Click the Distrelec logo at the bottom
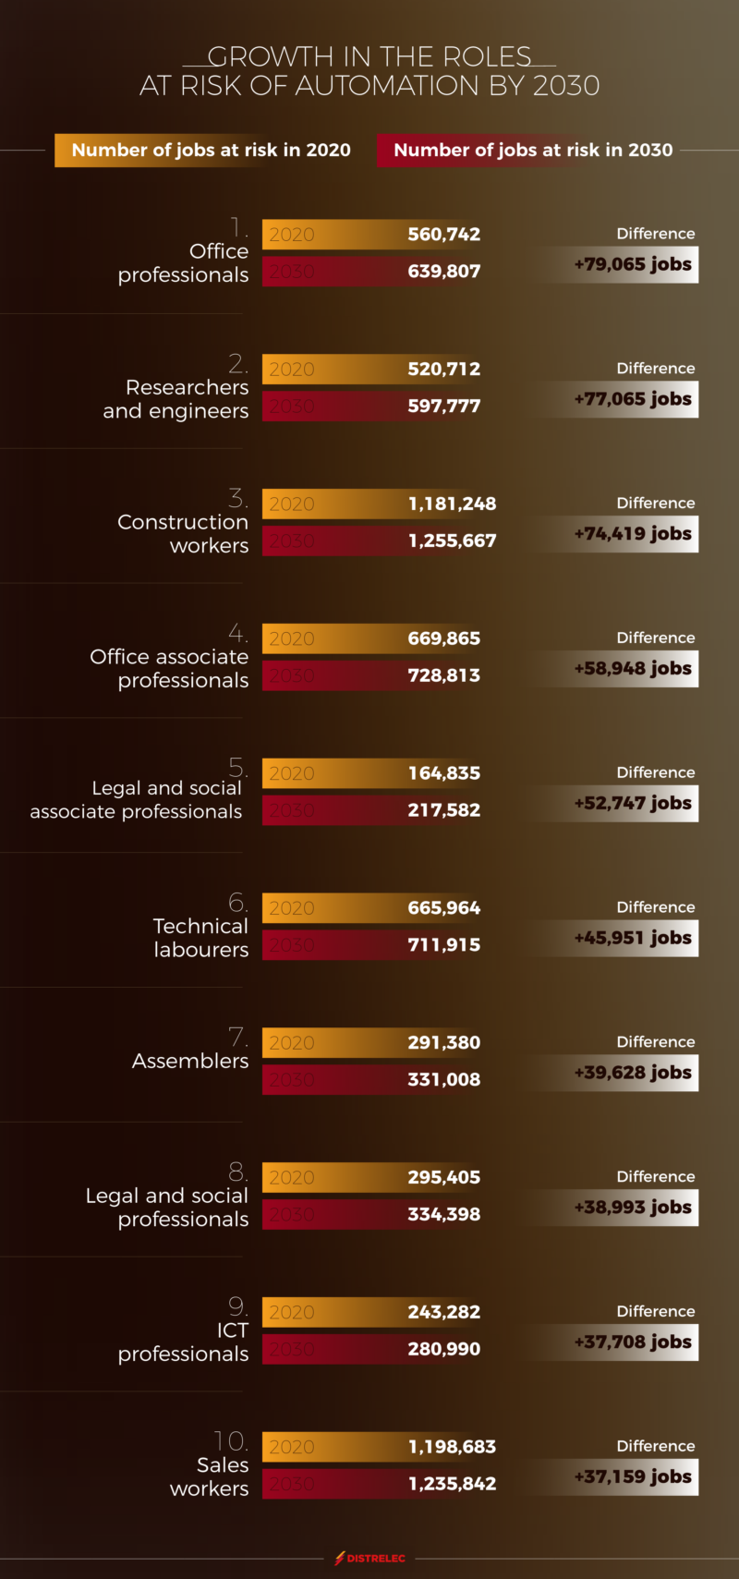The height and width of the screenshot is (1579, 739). tap(369, 1558)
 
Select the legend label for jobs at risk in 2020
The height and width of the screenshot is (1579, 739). tap(211, 150)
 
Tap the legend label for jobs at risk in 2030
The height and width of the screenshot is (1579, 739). tap(533, 150)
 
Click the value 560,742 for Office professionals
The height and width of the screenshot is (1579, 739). tap(443, 235)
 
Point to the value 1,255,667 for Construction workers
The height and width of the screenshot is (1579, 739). tap(452, 541)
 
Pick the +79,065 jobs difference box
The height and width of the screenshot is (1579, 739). tap(633, 264)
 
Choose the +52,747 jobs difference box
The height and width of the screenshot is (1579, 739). tap(633, 803)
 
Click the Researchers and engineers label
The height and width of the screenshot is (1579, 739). tap(176, 399)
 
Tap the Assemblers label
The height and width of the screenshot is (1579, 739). tap(189, 1061)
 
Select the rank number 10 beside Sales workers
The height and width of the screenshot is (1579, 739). tap(230, 1441)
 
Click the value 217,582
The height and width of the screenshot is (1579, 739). tap(443, 810)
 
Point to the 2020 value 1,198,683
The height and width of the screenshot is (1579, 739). tap(452, 1447)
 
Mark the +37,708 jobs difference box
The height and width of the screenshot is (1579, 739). tap(633, 1342)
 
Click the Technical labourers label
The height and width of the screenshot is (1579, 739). tap(200, 938)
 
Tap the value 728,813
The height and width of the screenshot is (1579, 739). tap(443, 675)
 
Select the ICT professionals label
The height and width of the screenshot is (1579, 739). tap(183, 1342)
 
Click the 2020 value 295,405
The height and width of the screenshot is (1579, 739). tap(443, 1177)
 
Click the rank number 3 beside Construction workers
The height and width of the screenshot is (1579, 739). tap(238, 499)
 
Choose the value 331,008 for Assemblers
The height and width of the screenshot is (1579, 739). tap(443, 1079)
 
